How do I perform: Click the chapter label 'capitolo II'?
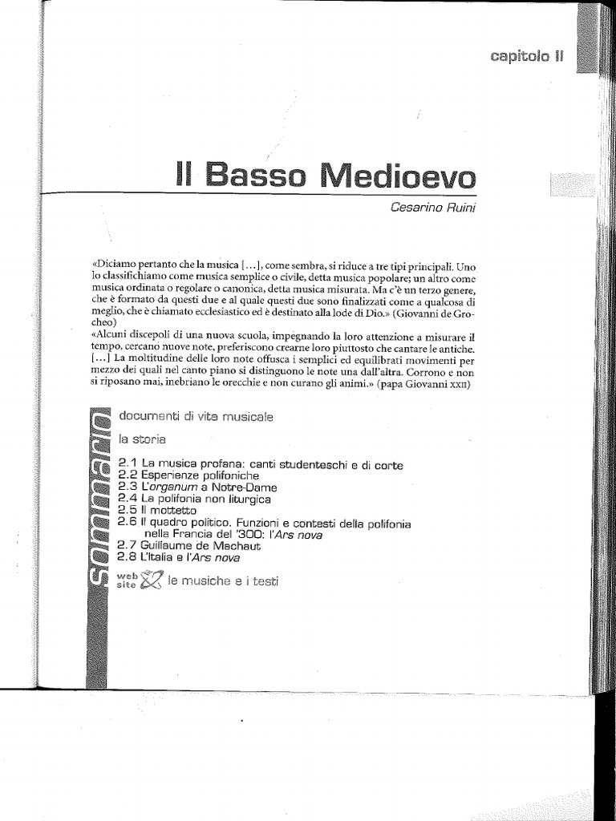527,56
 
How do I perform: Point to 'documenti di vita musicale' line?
196,417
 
